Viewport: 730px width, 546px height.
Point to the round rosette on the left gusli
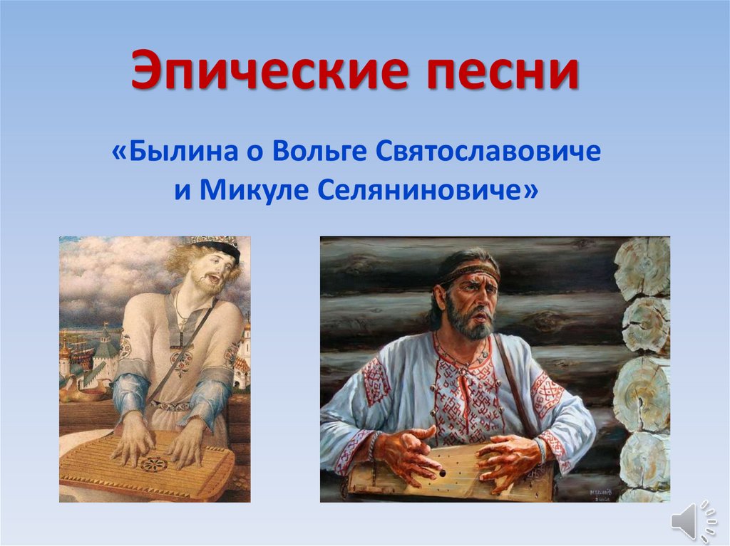(155, 465)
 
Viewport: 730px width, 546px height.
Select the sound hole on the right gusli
(443, 471)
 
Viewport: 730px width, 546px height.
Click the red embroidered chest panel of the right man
(467, 399)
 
